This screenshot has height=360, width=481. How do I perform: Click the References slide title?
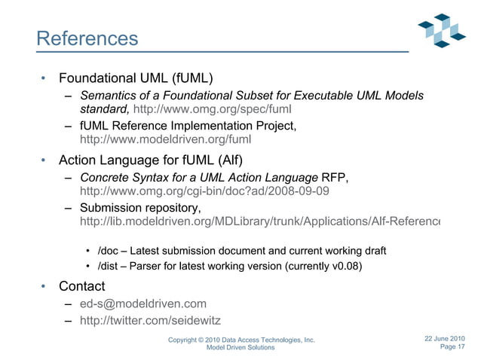(87, 38)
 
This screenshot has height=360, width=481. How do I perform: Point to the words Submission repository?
(139, 208)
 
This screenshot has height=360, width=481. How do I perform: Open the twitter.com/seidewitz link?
(153, 322)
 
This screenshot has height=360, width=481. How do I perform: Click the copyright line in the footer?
(240, 340)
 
